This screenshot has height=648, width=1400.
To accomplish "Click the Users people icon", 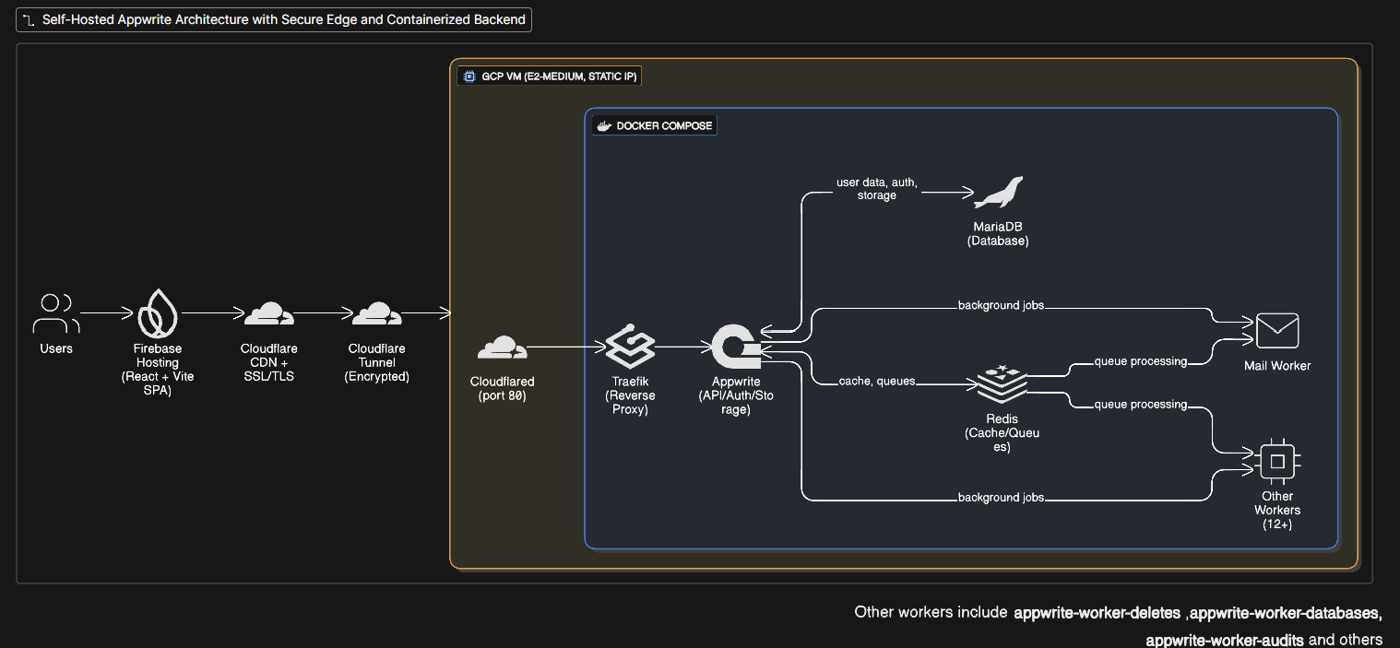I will point(55,313).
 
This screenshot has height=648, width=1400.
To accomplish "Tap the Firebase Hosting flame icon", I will point(158,313).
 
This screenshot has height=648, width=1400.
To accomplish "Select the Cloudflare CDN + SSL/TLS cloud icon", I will point(268,313).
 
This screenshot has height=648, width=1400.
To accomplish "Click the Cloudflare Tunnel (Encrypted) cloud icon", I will point(376,313).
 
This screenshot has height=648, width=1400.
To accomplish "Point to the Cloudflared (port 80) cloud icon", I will point(502,348).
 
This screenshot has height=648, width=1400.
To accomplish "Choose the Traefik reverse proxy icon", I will point(630,348).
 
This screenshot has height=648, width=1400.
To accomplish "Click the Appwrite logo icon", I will point(735,348).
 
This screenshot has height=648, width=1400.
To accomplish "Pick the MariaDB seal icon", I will point(998,193).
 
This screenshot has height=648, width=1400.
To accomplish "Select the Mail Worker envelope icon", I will point(1276,331).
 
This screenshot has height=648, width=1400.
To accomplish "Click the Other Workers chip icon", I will point(1277,461).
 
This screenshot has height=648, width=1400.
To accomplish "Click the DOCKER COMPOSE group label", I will point(654,125).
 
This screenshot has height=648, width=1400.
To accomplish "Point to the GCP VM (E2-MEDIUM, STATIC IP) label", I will point(550,77).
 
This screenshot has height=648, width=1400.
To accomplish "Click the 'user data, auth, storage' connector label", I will point(876,189).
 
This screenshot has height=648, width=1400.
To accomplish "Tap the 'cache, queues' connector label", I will point(876,381).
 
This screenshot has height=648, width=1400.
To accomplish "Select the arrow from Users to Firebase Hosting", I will point(107,313).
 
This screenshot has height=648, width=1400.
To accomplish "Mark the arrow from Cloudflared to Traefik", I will point(565,348).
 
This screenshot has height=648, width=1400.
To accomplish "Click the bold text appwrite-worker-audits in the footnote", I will point(1224,640).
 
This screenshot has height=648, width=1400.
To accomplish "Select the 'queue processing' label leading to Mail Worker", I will point(1140,361).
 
